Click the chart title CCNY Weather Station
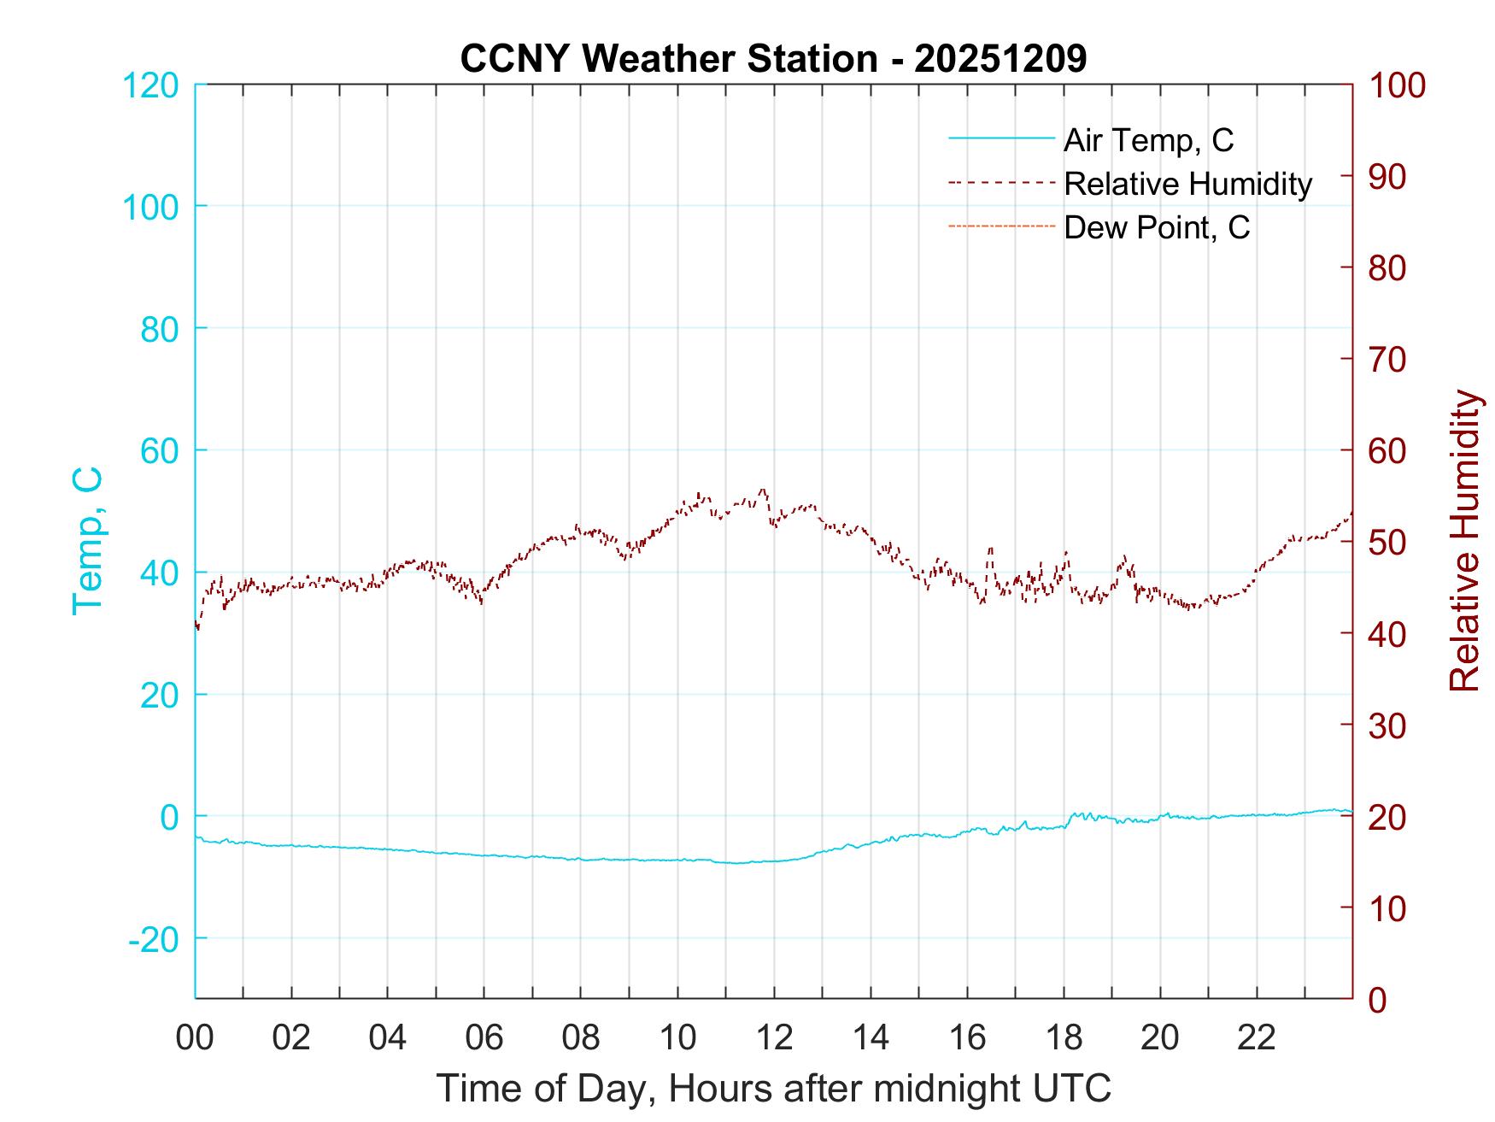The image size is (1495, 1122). pyautogui.click(x=772, y=59)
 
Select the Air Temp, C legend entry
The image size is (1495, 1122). pyautogui.click(x=1147, y=139)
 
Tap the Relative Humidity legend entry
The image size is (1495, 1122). pyautogui.click(x=1187, y=184)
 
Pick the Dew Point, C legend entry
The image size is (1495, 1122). pyautogui.click(x=1156, y=227)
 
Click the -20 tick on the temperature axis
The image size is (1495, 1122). pyautogui.click(x=154, y=939)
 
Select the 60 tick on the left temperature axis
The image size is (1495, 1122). pyautogui.click(x=159, y=450)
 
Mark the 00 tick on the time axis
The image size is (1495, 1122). pyautogui.click(x=195, y=1038)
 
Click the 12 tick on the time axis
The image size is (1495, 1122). pyautogui.click(x=774, y=1038)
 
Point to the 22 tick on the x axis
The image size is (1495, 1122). pyautogui.click(x=1257, y=1038)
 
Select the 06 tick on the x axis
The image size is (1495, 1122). pyautogui.click(x=484, y=1038)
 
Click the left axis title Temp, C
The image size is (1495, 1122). pyautogui.click(x=88, y=541)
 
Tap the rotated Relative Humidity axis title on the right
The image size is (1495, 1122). pyautogui.click(x=1464, y=541)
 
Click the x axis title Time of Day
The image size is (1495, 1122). pyautogui.click(x=774, y=1089)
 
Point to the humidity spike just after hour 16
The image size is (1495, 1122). pyautogui.click(x=990, y=549)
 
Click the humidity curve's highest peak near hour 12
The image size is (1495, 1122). pyautogui.click(x=762, y=490)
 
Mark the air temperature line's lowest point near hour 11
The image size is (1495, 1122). pyautogui.click(x=736, y=863)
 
